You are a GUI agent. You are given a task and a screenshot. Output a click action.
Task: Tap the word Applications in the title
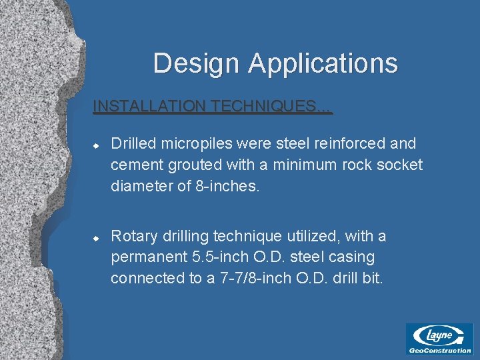[323, 64]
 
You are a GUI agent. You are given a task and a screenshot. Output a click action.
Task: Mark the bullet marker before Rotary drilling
[96, 237]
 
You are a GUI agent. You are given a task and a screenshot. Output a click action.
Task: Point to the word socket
[399, 165]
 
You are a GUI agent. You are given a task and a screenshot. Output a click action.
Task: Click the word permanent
[143, 257]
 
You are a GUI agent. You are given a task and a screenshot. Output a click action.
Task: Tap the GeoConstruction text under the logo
[439, 350]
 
